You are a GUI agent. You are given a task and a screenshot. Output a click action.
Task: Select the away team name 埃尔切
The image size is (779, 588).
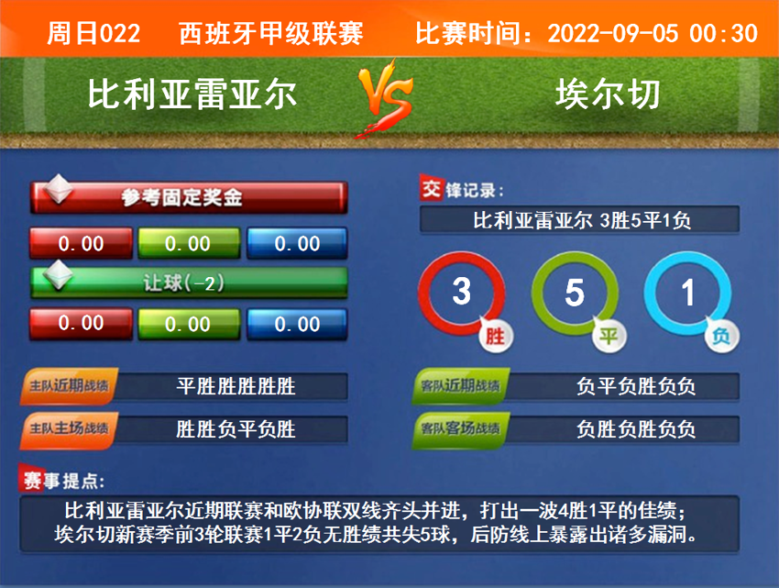[x=607, y=94]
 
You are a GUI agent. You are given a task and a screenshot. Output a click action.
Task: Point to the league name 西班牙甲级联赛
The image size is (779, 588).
[x=271, y=34]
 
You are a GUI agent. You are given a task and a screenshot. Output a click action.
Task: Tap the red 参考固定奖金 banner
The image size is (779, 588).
[x=189, y=196]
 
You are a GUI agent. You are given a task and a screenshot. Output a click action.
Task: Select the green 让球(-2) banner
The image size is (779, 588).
[x=189, y=283]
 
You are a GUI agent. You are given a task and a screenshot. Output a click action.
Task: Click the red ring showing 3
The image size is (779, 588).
[x=461, y=292]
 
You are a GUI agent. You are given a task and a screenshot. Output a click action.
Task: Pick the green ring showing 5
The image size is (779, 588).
[x=575, y=293]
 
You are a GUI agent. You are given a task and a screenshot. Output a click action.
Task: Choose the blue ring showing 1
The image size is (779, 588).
[x=687, y=293]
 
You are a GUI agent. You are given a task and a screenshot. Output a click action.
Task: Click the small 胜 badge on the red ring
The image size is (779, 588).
[x=495, y=336]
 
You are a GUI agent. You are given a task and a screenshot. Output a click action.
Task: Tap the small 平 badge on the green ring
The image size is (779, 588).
[x=609, y=336]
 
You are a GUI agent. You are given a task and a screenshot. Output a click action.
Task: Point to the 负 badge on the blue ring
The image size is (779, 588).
[x=722, y=336]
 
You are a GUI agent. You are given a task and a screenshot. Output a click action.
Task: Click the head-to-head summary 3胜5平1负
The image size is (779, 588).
[x=581, y=220]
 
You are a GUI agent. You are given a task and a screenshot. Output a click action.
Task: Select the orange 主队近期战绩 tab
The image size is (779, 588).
[x=70, y=386]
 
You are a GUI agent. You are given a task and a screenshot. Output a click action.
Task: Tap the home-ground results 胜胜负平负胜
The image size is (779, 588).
[x=236, y=429]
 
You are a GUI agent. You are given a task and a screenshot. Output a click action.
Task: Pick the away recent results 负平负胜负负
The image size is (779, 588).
[x=635, y=386]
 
